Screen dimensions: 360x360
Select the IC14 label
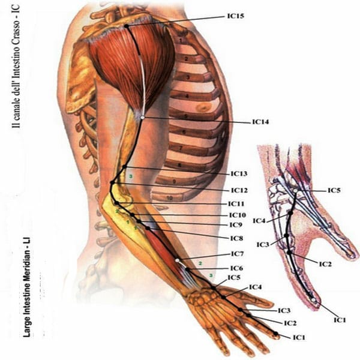(260, 122)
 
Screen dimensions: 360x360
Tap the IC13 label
(239, 173)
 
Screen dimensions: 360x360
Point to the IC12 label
(239, 190)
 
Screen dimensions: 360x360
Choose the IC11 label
(237, 204)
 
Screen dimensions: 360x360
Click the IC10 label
(238, 215)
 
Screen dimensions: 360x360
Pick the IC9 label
(235, 225)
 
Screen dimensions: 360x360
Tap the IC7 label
(237, 254)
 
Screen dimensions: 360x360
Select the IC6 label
(236, 268)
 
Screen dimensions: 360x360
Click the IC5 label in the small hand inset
(334, 190)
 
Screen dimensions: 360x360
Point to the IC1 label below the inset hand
(340, 320)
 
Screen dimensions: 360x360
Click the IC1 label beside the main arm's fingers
(299, 338)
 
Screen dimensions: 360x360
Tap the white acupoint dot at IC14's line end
(142, 118)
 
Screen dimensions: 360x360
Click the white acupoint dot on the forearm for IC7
(178, 260)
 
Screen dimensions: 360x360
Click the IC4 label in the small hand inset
(259, 221)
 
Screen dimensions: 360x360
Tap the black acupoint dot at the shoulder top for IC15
(127, 26)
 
